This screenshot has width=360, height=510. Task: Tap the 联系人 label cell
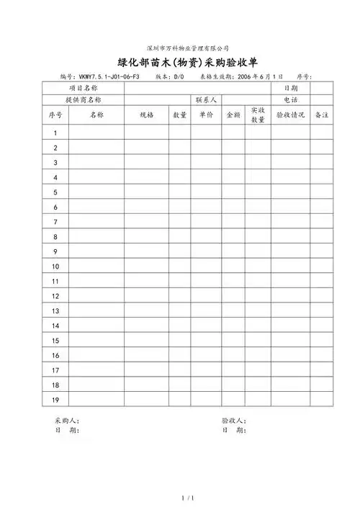coord(206,99)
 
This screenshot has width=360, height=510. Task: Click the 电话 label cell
coord(290,99)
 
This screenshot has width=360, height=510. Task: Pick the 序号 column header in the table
coord(55,115)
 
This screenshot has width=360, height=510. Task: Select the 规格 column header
coord(146,115)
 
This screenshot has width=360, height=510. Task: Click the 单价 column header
coord(206,115)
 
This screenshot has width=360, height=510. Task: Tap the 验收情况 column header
coord(290,115)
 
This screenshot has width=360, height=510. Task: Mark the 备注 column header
coord(321,115)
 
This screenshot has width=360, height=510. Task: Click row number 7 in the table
coord(55,222)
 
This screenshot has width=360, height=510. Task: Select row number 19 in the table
coord(55,400)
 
